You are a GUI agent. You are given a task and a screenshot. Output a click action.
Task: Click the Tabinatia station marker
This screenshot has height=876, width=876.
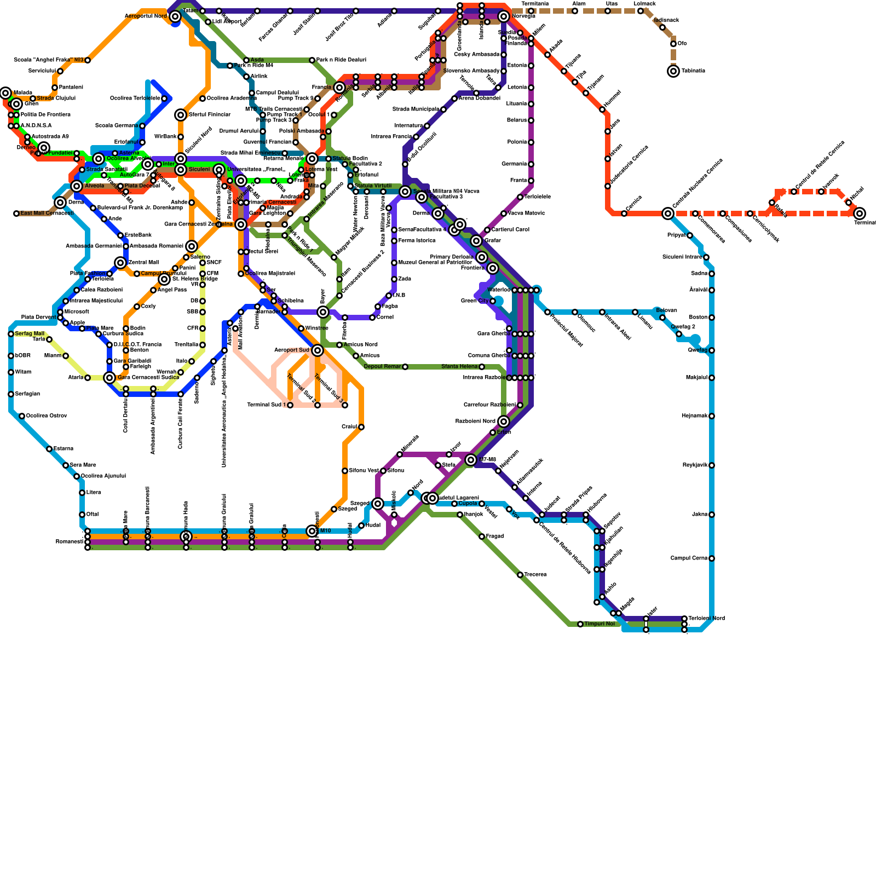(673, 71)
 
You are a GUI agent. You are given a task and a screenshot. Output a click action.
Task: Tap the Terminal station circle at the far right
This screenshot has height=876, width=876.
(860, 214)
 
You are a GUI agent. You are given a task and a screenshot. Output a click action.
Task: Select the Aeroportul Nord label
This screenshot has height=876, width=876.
(146, 16)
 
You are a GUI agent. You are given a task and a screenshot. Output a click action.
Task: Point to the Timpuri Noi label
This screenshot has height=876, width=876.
(600, 624)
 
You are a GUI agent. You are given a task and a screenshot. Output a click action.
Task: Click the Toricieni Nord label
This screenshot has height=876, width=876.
(706, 619)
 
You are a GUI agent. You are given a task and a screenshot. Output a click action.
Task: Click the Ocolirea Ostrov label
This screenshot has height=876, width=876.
(47, 416)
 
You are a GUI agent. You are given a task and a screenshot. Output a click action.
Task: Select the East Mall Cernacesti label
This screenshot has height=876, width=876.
(47, 214)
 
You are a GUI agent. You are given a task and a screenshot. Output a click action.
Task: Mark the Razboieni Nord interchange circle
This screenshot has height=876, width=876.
(504, 422)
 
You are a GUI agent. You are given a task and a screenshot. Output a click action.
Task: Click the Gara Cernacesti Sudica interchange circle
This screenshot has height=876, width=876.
(109, 378)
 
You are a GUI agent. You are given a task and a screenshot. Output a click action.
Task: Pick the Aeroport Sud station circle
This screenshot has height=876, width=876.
(318, 350)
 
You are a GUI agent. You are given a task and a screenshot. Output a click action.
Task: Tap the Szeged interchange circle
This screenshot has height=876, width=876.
(378, 504)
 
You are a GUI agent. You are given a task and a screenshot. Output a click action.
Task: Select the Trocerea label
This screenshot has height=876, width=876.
(535, 575)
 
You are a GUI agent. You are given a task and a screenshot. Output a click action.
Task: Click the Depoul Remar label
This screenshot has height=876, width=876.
(382, 367)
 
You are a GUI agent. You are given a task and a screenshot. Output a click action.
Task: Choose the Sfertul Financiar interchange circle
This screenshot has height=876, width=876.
(181, 115)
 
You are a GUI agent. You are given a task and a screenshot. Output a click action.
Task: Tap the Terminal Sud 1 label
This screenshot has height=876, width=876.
(266, 405)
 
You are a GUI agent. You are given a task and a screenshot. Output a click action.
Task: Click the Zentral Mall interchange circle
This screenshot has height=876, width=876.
(120, 263)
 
